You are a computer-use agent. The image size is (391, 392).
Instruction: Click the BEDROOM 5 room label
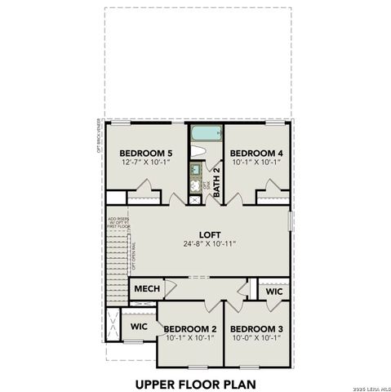(146, 153)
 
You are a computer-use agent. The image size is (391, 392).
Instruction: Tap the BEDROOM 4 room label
(256, 153)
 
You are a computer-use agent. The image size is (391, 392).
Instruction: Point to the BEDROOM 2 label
(189, 329)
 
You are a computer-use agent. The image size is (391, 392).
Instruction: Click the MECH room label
(147, 289)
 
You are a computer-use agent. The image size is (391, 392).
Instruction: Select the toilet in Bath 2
(197, 151)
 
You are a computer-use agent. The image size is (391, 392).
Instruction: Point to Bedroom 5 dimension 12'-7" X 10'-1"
(146, 163)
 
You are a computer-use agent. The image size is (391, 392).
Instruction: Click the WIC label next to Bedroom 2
(140, 326)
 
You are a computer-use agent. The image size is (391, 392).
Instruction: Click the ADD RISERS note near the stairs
(118, 221)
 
